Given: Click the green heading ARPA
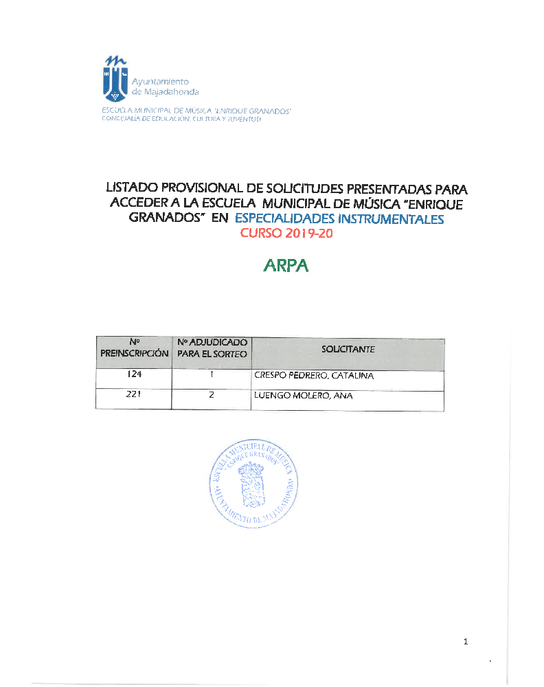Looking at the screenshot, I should point(286,266).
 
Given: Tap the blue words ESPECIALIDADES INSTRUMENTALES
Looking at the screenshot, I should point(339,219).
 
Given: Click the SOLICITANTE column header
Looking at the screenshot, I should point(348,349).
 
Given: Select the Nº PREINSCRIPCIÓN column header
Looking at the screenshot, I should point(134,348).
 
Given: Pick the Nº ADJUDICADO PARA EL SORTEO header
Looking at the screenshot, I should point(212,348).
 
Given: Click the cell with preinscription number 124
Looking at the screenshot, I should point(135,376).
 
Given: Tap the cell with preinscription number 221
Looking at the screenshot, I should point(135,395).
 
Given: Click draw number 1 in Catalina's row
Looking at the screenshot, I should point(212,376).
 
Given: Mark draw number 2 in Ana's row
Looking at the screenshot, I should point(212,395).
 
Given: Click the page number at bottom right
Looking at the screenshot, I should point(466,642).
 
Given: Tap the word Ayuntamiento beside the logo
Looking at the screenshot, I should point(160,80).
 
